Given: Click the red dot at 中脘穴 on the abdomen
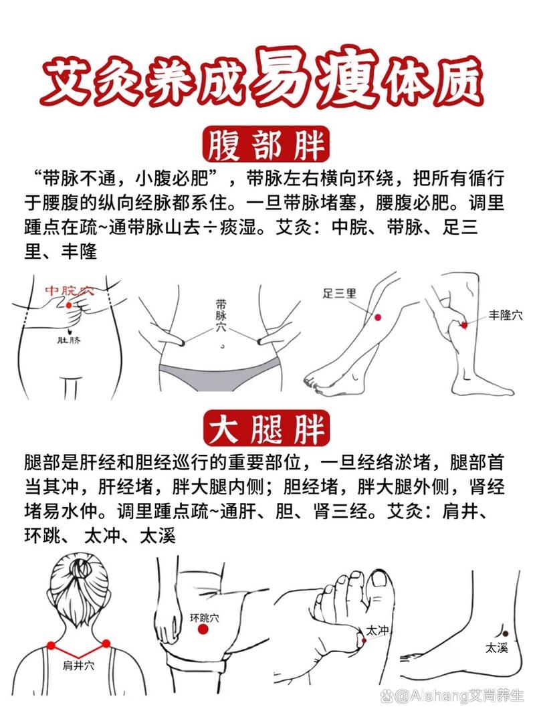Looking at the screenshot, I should (68, 305).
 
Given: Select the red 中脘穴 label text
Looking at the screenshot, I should (70, 291).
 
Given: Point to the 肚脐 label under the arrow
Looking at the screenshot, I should (68, 341).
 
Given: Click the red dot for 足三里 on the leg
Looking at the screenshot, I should (378, 317).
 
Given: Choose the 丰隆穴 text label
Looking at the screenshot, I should (505, 314).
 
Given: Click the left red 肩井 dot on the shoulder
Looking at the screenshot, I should (51, 645).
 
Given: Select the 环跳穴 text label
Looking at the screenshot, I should (204, 618).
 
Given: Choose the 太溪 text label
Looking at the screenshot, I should (496, 647).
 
